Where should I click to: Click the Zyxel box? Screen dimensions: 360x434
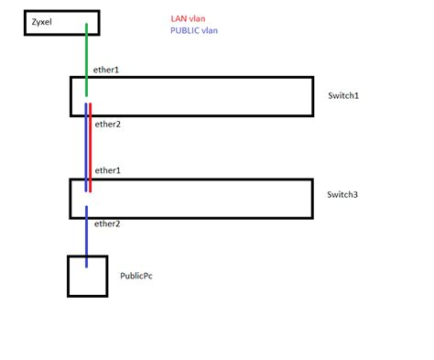(x=60, y=21)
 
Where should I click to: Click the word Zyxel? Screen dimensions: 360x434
(x=43, y=20)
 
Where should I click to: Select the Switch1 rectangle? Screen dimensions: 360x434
(x=190, y=96)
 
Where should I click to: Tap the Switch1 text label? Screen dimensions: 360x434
(x=344, y=96)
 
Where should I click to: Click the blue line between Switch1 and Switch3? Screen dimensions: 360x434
(x=86, y=147)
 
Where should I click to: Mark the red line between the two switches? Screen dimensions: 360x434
(x=91, y=147)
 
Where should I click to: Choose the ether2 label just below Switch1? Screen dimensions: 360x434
(x=108, y=124)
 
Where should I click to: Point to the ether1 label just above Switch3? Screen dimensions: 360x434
(x=108, y=170)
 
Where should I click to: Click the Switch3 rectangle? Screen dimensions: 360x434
(x=190, y=198)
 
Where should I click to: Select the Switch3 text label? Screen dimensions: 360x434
(x=344, y=195)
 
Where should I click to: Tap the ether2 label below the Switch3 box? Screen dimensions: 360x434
(x=108, y=223)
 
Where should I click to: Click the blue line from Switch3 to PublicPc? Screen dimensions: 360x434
(x=87, y=238)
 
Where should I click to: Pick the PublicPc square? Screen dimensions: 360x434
(x=87, y=276)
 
